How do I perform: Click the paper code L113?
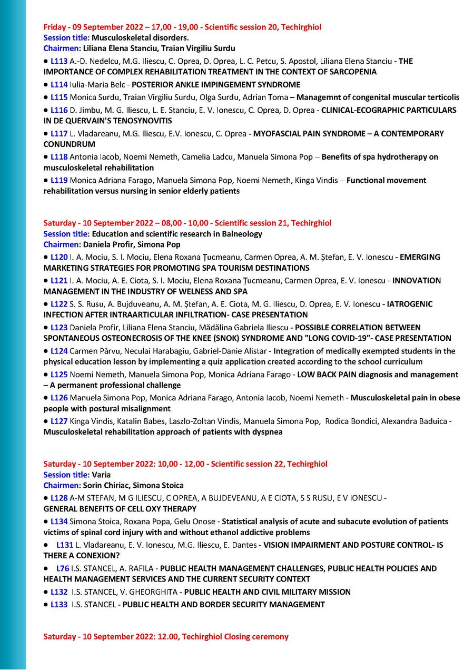point(59,61)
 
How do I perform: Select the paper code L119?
point(59,180)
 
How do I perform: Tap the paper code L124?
point(59,351)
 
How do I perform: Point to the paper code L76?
point(63,568)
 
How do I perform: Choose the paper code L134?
point(59,521)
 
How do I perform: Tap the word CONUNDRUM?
point(70,144)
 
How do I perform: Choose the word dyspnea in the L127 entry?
point(265,432)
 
